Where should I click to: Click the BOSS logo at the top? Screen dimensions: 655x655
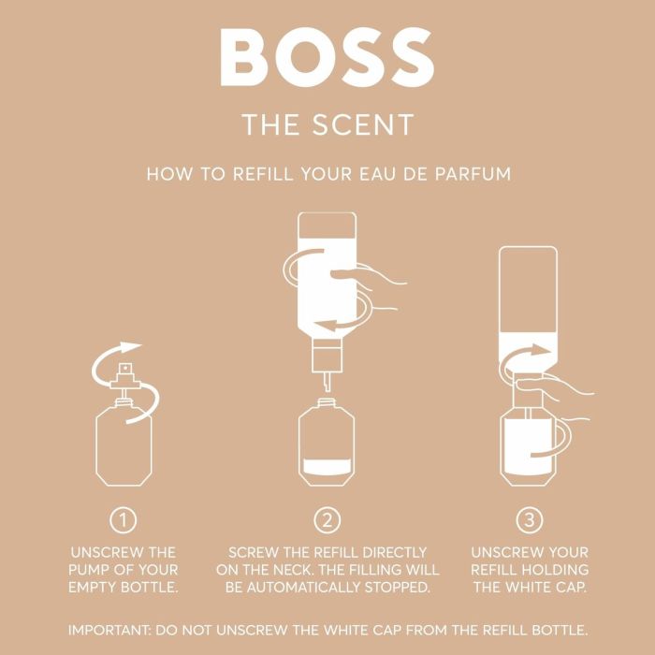327,58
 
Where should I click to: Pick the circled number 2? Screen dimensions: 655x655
327,519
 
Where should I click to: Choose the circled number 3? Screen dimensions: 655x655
529,519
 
